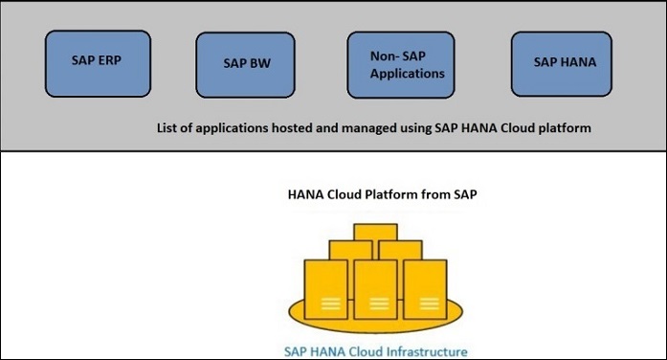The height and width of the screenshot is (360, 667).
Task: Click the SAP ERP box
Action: point(96,59)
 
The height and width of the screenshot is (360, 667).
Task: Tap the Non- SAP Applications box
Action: point(400,65)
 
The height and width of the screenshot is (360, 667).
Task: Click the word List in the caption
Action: point(168,126)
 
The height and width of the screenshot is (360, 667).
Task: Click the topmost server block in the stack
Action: point(367,233)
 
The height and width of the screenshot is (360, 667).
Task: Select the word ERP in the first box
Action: point(108,59)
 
